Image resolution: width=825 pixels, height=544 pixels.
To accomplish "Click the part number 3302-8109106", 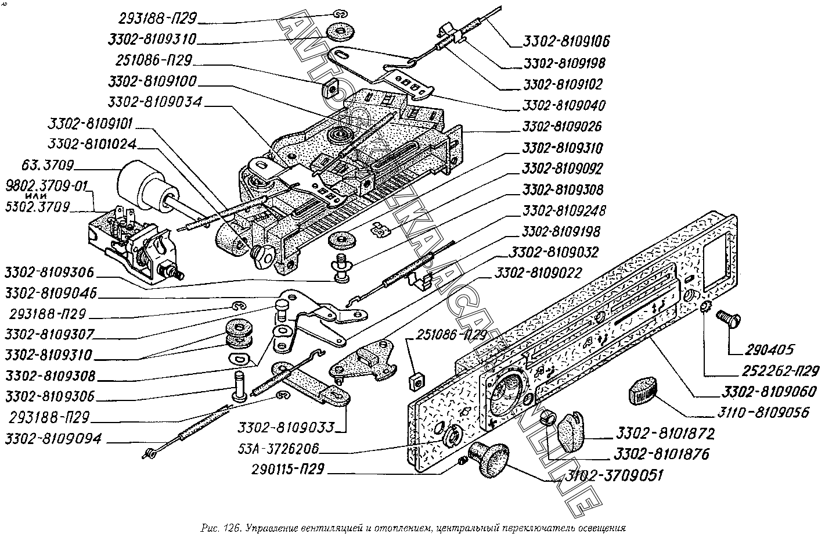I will pyautogui.click(x=566, y=42).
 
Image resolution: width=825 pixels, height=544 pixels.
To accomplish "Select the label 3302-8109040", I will pyautogui.click(x=564, y=105).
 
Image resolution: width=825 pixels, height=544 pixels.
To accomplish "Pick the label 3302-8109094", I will pyautogui.click(x=53, y=439).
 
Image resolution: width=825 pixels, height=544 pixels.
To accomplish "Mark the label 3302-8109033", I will pyautogui.click(x=286, y=428).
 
